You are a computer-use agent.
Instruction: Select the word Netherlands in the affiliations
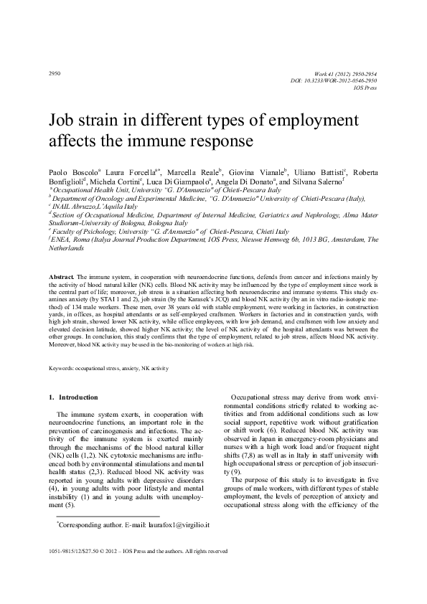pos(66,248)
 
